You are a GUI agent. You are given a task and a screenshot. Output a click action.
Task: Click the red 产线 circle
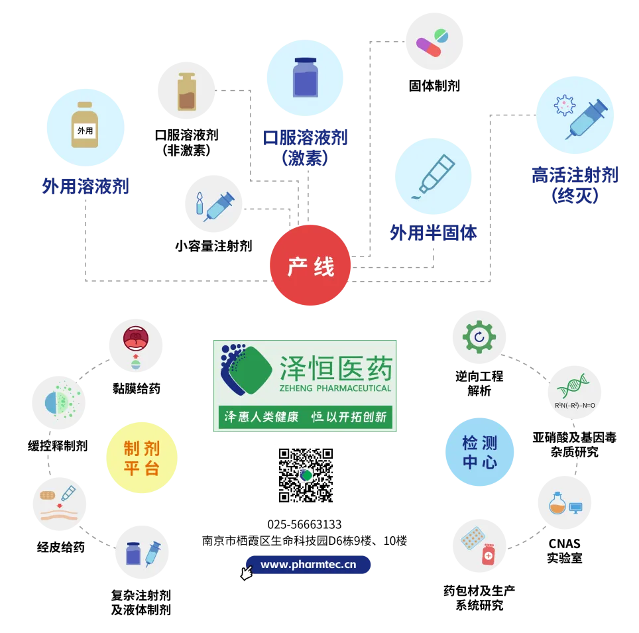[x=310, y=265]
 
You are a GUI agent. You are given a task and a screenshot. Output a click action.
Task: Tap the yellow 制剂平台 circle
[x=142, y=458]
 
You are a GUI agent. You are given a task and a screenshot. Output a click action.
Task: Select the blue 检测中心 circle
[x=479, y=453]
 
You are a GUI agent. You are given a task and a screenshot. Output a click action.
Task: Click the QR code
[x=305, y=474]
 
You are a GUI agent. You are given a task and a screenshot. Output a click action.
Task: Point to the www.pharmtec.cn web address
[x=308, y=565]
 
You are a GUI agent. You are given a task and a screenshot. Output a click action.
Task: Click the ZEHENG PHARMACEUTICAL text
[x=335, y=388]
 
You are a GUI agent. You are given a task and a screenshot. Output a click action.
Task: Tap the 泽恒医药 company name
[x=336, y=367]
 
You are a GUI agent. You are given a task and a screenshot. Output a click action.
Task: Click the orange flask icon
[x=557, y=503]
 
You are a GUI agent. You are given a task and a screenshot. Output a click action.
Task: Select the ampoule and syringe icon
[x=213, y=204]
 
